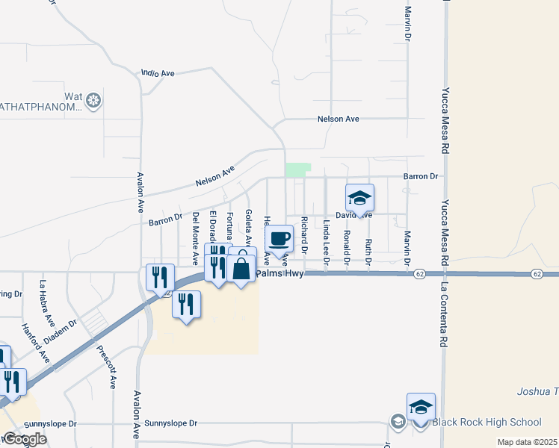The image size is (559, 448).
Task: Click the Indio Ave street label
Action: [158, 73]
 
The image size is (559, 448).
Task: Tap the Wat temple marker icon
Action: [93, 100]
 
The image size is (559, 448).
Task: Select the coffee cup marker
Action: [279, 239]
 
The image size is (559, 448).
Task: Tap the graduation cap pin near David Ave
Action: [359, 199]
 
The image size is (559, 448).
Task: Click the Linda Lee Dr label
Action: [327, 242]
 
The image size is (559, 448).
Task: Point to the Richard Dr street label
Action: [304, 237]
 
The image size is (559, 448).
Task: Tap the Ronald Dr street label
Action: [347, 247]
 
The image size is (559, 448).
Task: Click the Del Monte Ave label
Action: [195, 238]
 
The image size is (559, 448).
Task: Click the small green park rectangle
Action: [297, 170]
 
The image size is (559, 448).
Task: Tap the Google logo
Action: [24, 439]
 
